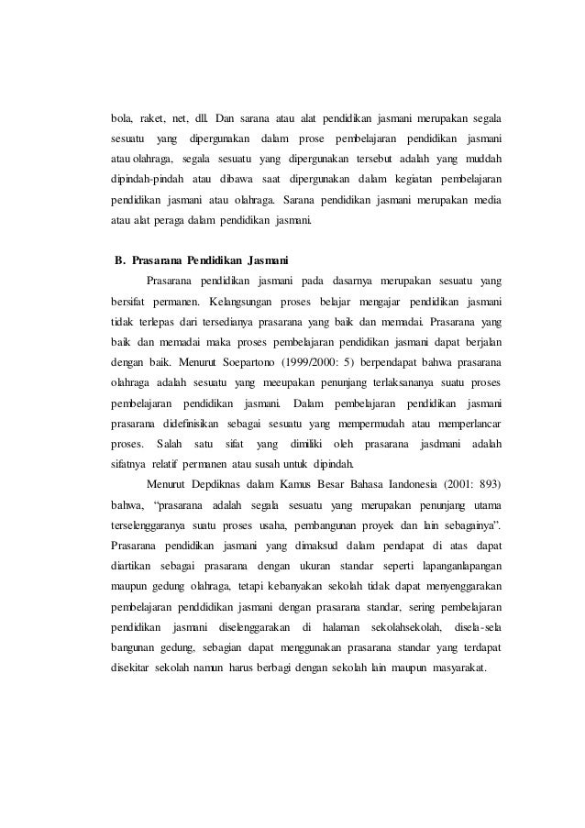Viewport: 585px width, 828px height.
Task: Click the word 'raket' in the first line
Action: tap(159, 119)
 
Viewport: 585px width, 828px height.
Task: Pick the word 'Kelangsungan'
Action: tap(248, 301)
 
